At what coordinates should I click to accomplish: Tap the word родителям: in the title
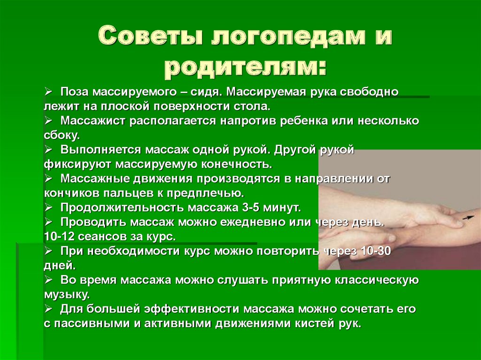pos(244,67)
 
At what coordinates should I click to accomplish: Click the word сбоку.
pos(62,135)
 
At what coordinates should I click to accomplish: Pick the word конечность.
pos(237,165)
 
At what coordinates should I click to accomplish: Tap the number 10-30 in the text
pos(374,251)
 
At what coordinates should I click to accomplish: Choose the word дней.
pos(59,266)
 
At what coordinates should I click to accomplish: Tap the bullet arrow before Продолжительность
pos(49,207)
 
